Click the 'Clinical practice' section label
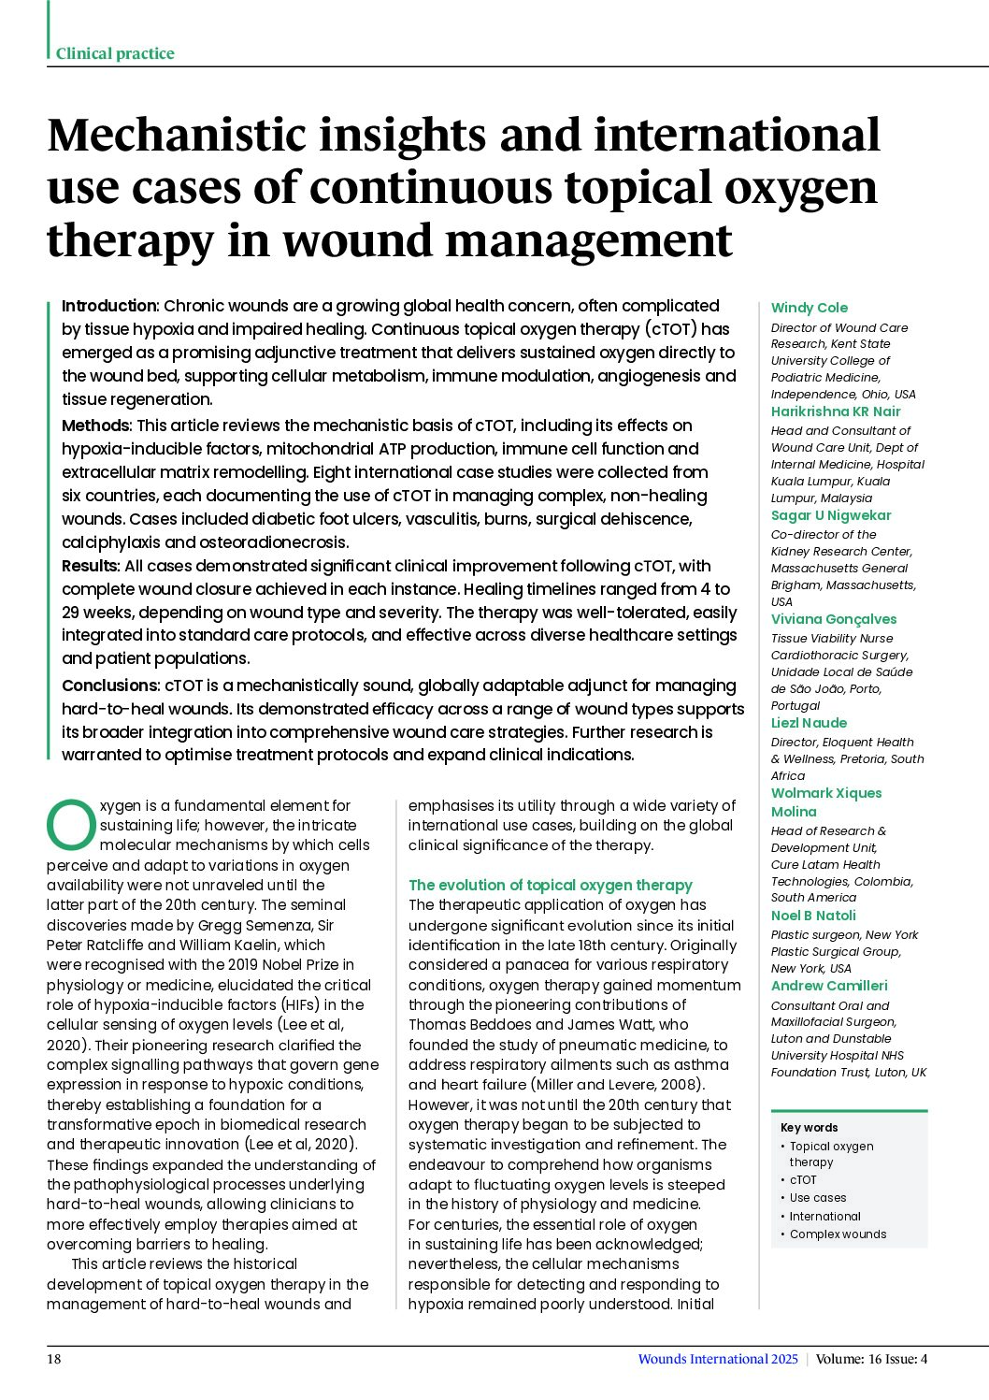pyautogui.click(x=115, y=53)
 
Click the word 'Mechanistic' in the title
pyautogui.click(x=175, y=136)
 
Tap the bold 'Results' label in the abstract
pyautogui.click(x=91, y=566)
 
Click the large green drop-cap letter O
pyautogui.click(x=71, y=823)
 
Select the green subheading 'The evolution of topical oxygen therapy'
pyautogui.click(x=550, y=885)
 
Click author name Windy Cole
pyautogui.click(x=809, y=308)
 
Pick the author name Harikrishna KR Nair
pyautogui.click(x=835, y=411)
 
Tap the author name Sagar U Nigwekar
pyautogui.click(x=830, y=515)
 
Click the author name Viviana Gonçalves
pyautogui.click(x=833, y=619)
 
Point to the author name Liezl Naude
pyautogui.click(x=809, y=723)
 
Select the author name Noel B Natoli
pyautogui.click(x=812, y=916)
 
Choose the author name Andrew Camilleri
pyautogui.click(x=828, y=986)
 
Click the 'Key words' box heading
pyautogui.click(x=809, y=1128)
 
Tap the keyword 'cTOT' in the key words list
pyautogui.click(x=802, y=1180)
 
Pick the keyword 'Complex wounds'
pyautogui.click(x=838, y=1234)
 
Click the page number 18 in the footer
pyautogui.click(x=54, y=1359)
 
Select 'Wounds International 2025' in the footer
pyautogui.click(x=717, y=1359)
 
